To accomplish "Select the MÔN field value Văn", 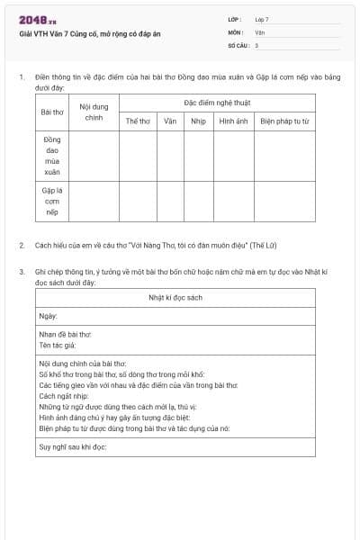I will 260,31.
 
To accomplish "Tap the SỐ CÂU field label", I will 237,44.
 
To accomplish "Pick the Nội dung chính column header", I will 94,112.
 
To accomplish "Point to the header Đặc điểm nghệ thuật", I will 216,103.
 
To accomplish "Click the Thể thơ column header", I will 138,121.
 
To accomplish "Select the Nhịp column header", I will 198,121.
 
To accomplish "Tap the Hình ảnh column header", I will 233,121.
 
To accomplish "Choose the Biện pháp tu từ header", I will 284,121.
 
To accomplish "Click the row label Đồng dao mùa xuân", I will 51,155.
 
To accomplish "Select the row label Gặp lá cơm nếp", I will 51,201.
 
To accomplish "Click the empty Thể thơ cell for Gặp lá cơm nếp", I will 138,201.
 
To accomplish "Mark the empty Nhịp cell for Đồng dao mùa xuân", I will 198,155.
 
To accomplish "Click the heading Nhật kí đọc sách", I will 175,297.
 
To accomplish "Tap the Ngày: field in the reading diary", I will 48,316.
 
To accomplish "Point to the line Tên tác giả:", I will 57,345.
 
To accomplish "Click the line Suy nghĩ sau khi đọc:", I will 72,446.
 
